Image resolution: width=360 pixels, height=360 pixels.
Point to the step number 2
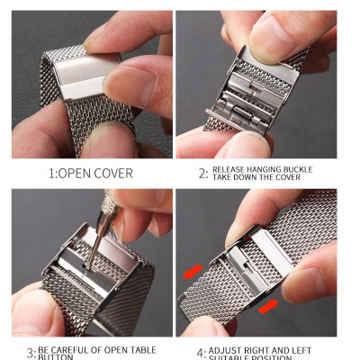(202, 172)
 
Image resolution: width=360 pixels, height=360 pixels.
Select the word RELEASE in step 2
(232, 167)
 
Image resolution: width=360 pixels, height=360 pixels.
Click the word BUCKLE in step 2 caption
(311, 167)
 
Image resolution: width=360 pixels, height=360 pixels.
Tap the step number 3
(31, 353)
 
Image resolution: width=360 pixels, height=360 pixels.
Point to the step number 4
(202, 352)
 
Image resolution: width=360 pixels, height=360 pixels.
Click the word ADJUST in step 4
(229, 348)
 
